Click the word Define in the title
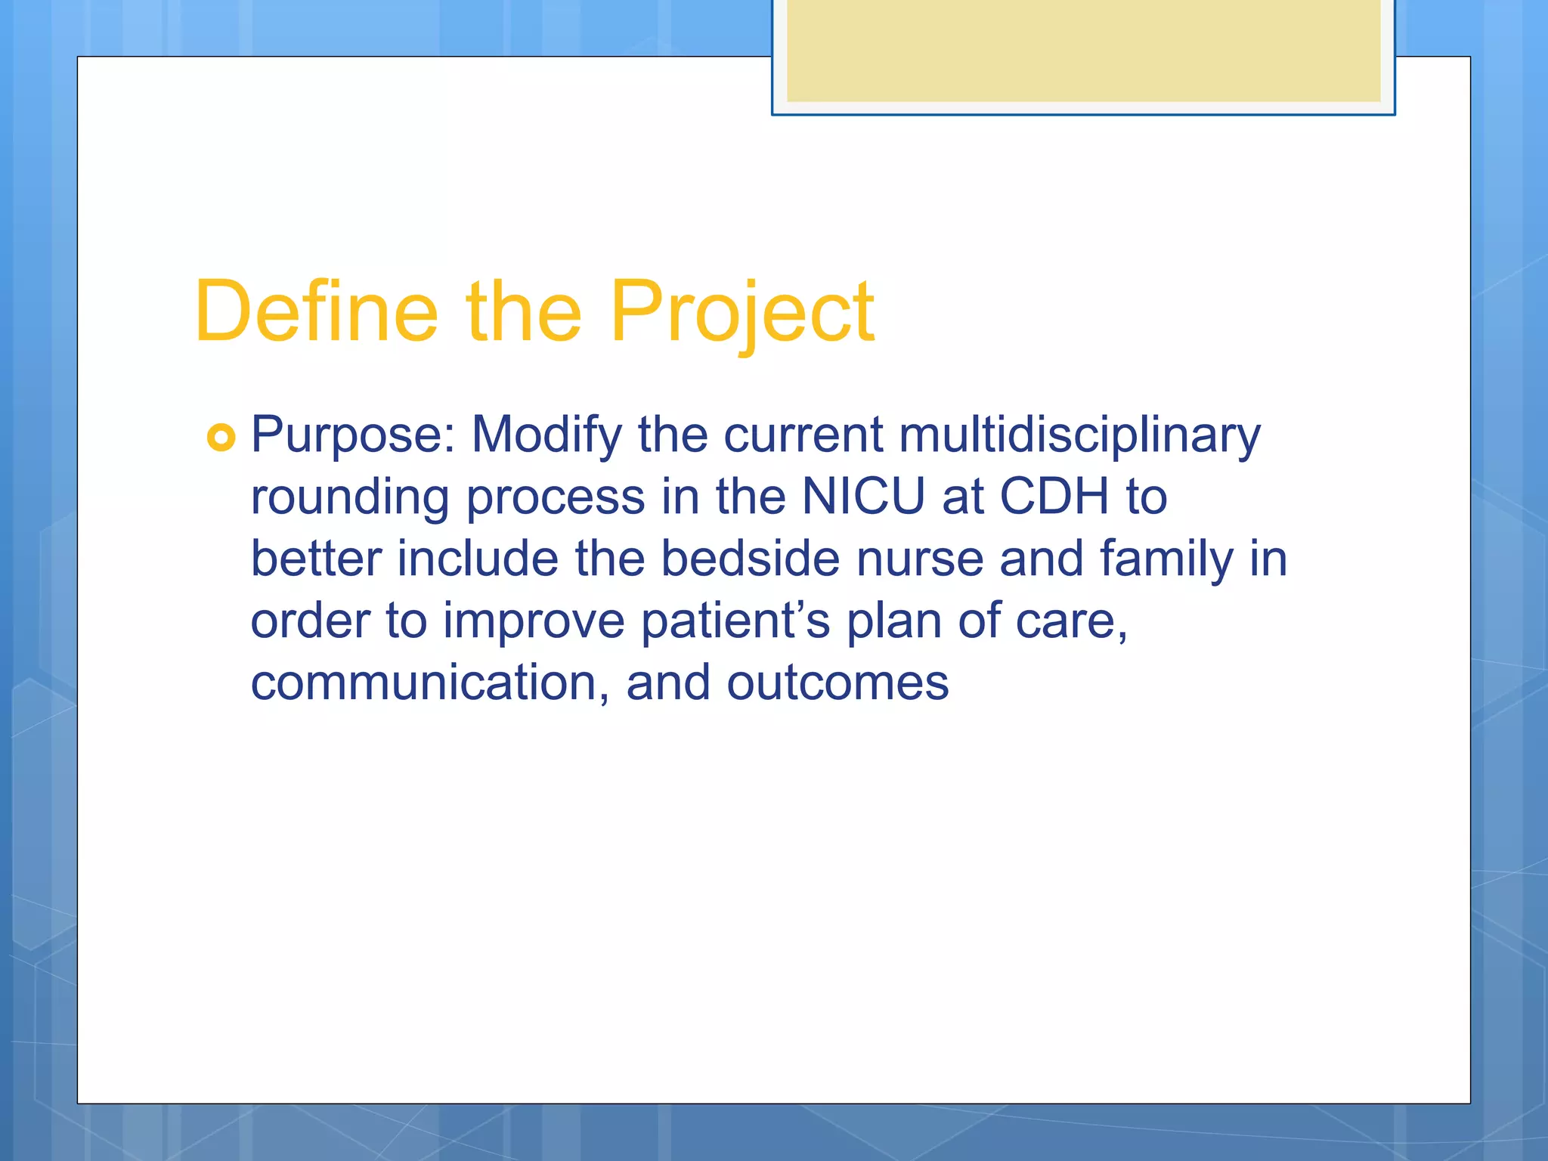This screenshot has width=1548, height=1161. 316,311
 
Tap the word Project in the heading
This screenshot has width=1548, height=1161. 741,311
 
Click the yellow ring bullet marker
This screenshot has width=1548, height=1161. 221,438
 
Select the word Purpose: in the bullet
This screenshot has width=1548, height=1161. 353,435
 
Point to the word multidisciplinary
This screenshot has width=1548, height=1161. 1079,435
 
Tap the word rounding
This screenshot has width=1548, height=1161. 349,498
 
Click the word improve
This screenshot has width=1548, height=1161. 534,622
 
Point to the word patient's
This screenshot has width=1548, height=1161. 735,622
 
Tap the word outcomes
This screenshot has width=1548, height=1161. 837,683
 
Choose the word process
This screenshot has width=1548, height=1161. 555,498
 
